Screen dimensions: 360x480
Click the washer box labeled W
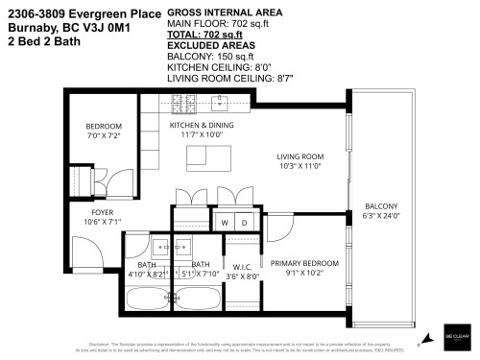[x=225, y=222]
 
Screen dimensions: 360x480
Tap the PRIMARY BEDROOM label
[x=304, y=263]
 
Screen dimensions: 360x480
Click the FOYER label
[x=102, y=213]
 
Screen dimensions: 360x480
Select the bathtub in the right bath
[x=196, y=295]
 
